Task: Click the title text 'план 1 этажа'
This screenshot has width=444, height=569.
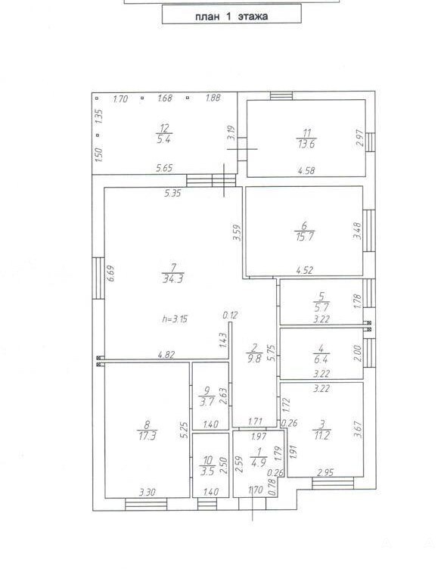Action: point(231,17)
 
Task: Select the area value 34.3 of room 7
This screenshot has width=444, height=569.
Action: point(173,279)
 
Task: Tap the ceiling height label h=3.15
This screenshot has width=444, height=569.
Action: point(175,319)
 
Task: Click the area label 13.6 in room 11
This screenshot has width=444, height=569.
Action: point(306,144)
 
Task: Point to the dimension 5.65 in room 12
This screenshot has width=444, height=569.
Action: point(164,168)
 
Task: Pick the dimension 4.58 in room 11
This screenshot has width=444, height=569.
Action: point(306,170)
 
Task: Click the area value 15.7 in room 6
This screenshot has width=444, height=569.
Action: point(305,237)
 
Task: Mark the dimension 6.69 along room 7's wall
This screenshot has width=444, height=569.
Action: point(110,273)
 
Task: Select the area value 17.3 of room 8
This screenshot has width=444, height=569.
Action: point(147,435)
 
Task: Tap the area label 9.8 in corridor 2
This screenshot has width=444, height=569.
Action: point(253,359)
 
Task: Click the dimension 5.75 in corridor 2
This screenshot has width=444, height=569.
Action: point(271,353)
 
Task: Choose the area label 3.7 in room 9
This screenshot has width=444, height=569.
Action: point(206,401)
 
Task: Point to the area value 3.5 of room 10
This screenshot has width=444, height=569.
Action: point(207,471)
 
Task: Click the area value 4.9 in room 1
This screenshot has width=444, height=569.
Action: point(258,462)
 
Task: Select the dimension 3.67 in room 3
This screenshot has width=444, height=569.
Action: point(359,429)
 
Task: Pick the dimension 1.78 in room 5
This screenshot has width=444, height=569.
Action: point(357,301)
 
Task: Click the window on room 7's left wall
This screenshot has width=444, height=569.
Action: point(98,278)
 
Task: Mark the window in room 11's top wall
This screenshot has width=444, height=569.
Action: point(281,96)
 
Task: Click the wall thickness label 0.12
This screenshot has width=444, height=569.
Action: point(231,315)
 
